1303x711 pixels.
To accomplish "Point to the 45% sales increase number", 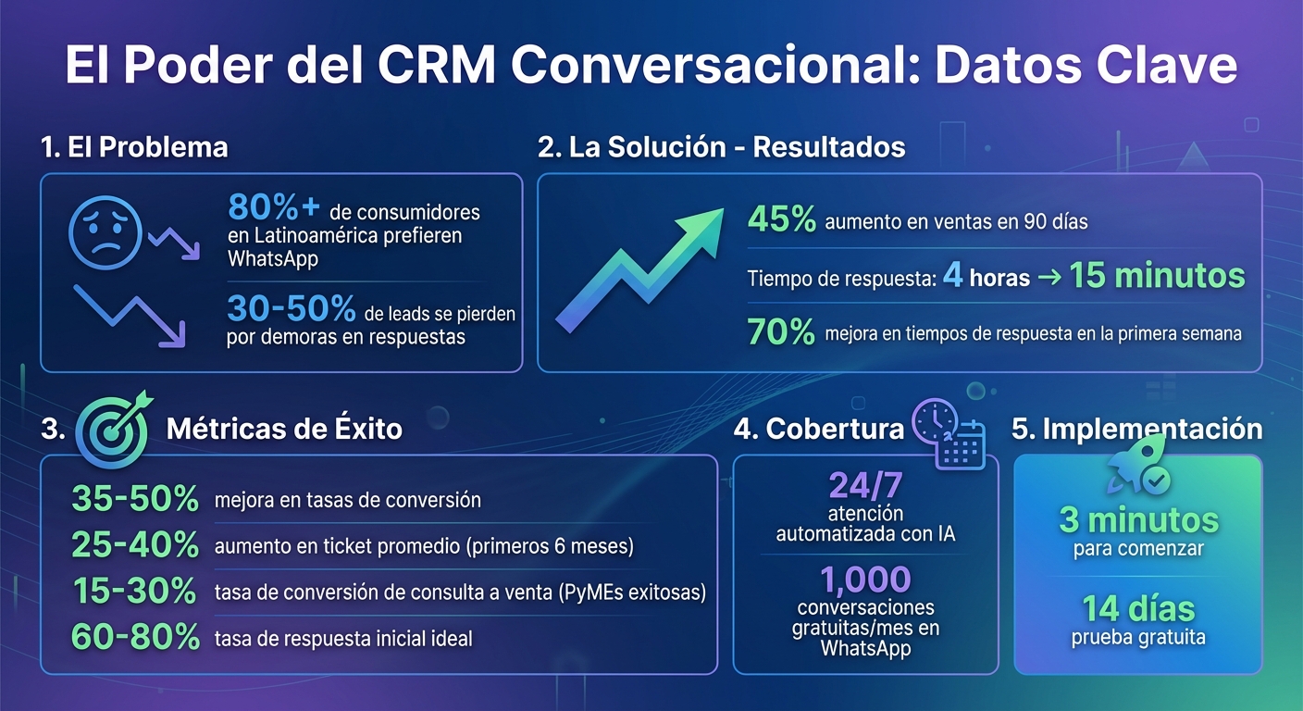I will click(782, 220).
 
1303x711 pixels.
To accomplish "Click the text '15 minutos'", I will click(1157, 276).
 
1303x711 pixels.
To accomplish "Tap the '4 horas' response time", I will click(987, 277).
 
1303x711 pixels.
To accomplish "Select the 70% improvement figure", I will click(782, 332).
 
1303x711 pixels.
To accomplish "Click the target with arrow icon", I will click(113, 427).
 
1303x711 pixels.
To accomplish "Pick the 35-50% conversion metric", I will click(135, 500).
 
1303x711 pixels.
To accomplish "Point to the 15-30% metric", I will click(135, 592).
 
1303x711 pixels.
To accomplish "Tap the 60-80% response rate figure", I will click(135, 637).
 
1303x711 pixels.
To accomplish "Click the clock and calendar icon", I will click(948, 433).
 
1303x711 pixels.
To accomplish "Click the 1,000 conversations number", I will click(865, 580).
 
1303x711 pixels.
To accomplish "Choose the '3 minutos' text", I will click(1138, 520).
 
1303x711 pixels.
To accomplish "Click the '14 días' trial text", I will click(1138, 609).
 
